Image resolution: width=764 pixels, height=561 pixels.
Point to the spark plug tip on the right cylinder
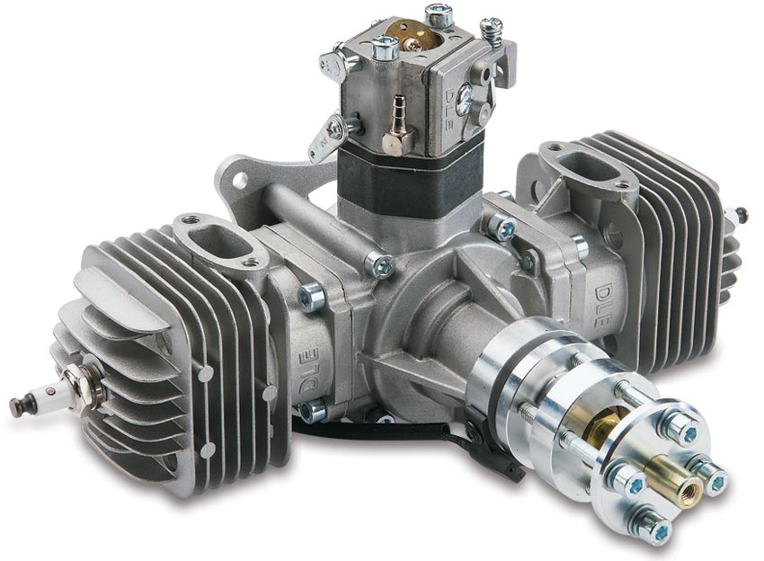pos(742,215)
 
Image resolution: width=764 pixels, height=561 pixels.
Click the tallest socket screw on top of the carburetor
pos(439,15)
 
